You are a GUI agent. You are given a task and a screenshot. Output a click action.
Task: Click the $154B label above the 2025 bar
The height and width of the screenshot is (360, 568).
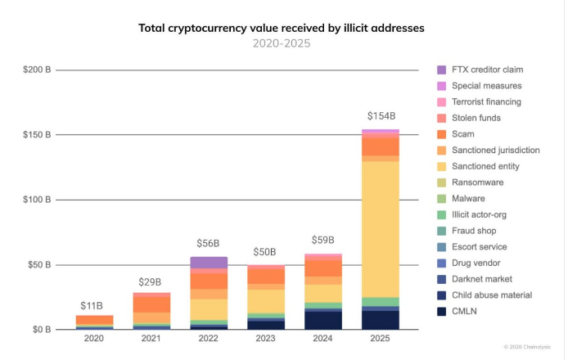click(x=381, y=116)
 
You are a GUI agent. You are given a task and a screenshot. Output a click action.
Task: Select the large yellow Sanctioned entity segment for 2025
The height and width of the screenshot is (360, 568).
click(x=381, y=229)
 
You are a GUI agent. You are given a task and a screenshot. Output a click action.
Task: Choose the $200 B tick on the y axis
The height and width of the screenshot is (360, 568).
click(x=36, y=70)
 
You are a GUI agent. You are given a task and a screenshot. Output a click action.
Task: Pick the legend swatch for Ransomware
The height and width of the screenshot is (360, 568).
click(x=442, y=182)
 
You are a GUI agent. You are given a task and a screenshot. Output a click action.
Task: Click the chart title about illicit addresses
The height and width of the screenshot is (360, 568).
click(x=282, y=28)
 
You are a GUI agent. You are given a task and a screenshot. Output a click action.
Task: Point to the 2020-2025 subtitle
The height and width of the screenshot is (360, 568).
click(x=282, y=43)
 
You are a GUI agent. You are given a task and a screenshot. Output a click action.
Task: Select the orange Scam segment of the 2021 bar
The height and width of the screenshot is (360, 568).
click(x=151, y=304)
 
